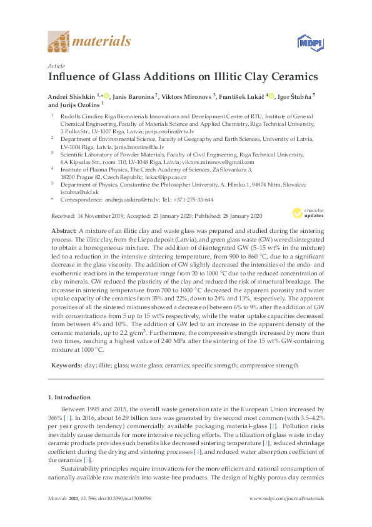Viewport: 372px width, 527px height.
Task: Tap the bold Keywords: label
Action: click(x=66, y=365)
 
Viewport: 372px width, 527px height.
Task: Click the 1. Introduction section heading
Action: click(x=69, y=397)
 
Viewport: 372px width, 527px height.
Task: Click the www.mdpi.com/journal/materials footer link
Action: click(x=286, y=515)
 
